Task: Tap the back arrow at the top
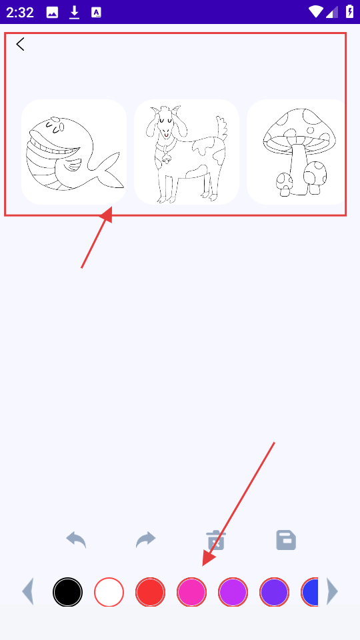click(21, 44)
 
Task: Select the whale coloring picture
click(74, 152)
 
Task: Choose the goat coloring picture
click(187, 152)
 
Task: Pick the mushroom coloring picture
click(297, 152)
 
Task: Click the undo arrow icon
click(76, 539)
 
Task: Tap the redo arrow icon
click(146, 539)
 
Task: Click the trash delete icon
click(216, 541)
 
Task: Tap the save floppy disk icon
click(286, 540)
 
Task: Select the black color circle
click(68, 592)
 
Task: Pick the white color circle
click(109, 592)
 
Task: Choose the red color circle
click(150, 592)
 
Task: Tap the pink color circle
click(191, 592)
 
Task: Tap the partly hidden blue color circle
click(310, 592)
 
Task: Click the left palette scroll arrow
click(28, 591)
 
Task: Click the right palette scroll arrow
click(332, 591)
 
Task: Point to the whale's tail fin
click(107, 171)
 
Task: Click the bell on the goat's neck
click(166, 159)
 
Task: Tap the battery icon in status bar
click(350, 11)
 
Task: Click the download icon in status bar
click(74, 12)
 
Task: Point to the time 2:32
click(19, 12)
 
